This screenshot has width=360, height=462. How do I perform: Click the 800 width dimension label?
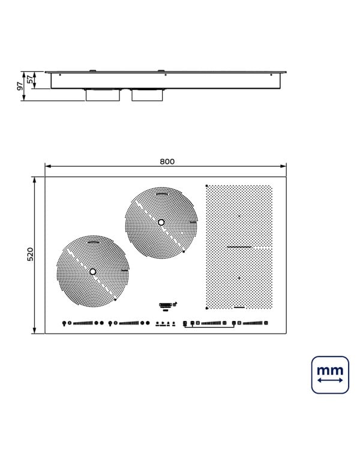point(167,161)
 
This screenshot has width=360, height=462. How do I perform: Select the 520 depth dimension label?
point(31,254)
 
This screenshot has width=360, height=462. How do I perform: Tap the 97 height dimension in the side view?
point(20,86)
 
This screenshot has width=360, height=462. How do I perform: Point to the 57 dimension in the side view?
point(30,80)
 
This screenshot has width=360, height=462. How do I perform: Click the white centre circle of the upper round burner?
point(161,223)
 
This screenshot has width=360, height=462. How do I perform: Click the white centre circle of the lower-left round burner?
point(93,272)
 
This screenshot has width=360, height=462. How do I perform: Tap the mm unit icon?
point(330,375)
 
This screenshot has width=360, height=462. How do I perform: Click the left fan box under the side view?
point(103,95)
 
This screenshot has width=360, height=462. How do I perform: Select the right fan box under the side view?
point(147,95)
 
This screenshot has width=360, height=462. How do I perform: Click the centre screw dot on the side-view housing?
point(166,75)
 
